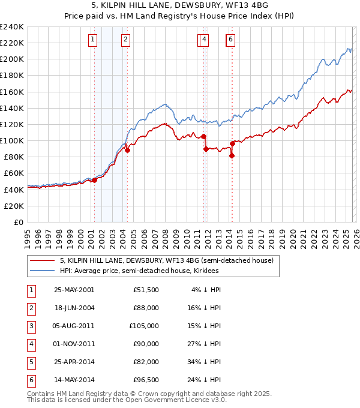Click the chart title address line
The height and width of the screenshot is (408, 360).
click(x=180, y=5)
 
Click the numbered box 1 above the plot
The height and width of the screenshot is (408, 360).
click(x=94, y=40)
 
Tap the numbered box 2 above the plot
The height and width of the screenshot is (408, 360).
click(x=125, y=40)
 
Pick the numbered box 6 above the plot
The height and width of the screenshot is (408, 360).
click(x=230, y=40)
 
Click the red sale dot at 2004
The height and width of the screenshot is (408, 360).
click(x=127, y=151)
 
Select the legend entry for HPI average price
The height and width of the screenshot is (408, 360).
click(x=139, y=271)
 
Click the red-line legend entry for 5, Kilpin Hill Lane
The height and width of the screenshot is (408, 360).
click(x=166, y=260)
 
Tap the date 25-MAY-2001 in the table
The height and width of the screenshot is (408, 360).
click(x=74, y=290)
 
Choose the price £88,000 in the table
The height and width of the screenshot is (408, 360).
click(x=146, y=308)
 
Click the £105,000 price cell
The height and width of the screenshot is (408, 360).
click(x=144, y=326)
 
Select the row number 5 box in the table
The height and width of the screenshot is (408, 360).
click(x=30, y=362)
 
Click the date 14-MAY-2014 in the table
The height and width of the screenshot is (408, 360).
click(x=74, y=380)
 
